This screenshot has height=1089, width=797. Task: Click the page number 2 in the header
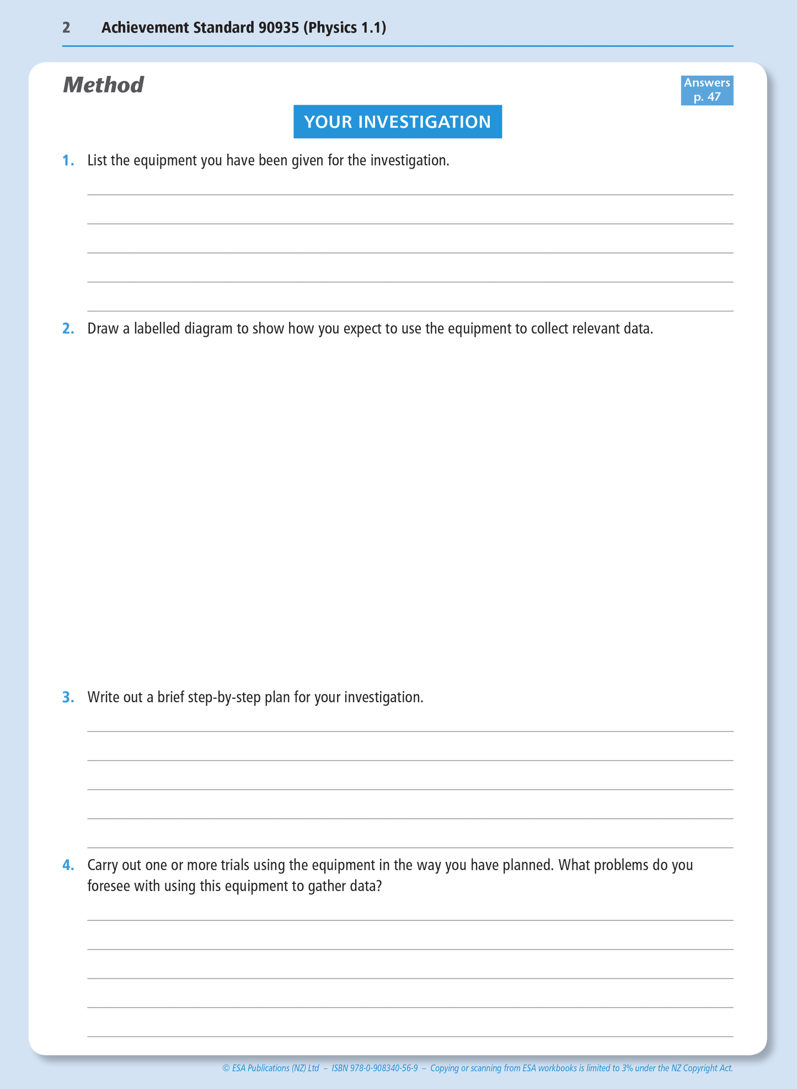point(66,28)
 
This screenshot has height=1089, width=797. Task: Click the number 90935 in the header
point(279,28)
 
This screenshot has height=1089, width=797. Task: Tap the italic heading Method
point(103,85)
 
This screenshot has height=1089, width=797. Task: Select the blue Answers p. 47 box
point(707,90)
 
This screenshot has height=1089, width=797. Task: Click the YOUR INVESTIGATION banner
point(397,122)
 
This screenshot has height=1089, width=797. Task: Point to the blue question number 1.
point(68,161)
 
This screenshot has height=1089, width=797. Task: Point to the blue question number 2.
point(68,329)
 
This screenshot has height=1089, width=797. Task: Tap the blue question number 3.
point(68,698)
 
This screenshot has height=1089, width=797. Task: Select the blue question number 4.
point(68,865)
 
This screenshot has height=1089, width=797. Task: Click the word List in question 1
point(97,161)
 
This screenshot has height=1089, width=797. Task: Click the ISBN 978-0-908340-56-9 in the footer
point(375,1069)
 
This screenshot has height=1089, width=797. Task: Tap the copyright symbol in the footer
point(226,1069)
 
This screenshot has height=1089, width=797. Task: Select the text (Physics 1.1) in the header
point(344,28)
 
